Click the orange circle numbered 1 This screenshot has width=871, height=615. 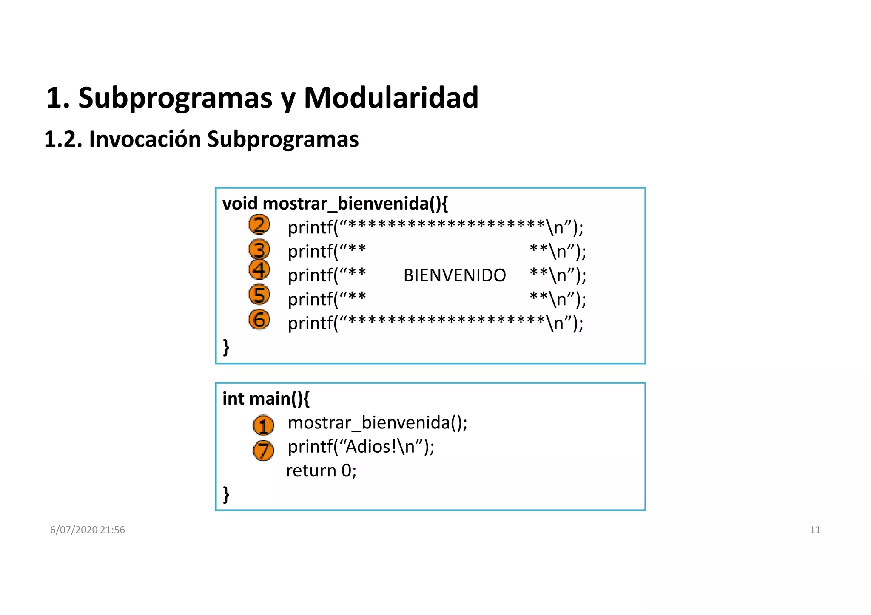pyautogui.click(x=263, y=425)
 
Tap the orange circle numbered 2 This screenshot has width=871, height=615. pyautogui.click(x=259, y=225)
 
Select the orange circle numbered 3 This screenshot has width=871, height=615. pyautogui.click(x=259, y=249)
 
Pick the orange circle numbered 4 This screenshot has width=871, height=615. pyautogui.click(x=259, y=270)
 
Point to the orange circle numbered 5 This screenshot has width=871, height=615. pyautogui.click(x=259, y=295)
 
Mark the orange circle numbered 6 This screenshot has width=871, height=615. pyautogui.click(x=259, y=320)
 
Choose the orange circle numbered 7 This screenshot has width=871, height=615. pyautogui.click(x=263, y=451)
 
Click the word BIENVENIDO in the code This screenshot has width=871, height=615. pyautogui.click(x=454, y=275)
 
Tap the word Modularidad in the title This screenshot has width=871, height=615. pyautogui.click(x=391, y=98)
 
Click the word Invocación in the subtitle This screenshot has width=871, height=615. pyautogui.click(x=145, y=139)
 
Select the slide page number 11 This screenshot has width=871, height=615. pyautogui.click(x=814, y=530)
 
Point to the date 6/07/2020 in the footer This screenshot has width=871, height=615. pyautogui.click(x=74, y=530)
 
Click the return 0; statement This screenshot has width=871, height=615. pyautogui.click(x=321, y=470)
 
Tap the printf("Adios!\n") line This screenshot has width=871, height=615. pyautogui.click(x=361, y=447)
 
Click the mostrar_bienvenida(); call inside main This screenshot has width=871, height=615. pyautogui.click(x=377, y=422)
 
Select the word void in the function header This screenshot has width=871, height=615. pyautogui.click(x=240, y=204)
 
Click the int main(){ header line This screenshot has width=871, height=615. pyautogui.click(x=266, y=399)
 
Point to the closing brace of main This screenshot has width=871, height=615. pyautogui.click(x=226, y=494)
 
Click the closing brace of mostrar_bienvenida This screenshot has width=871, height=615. pyautogui.click(x=226, y=347)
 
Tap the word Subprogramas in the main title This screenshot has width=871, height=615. pyautogui.click(x=175, y=98)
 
